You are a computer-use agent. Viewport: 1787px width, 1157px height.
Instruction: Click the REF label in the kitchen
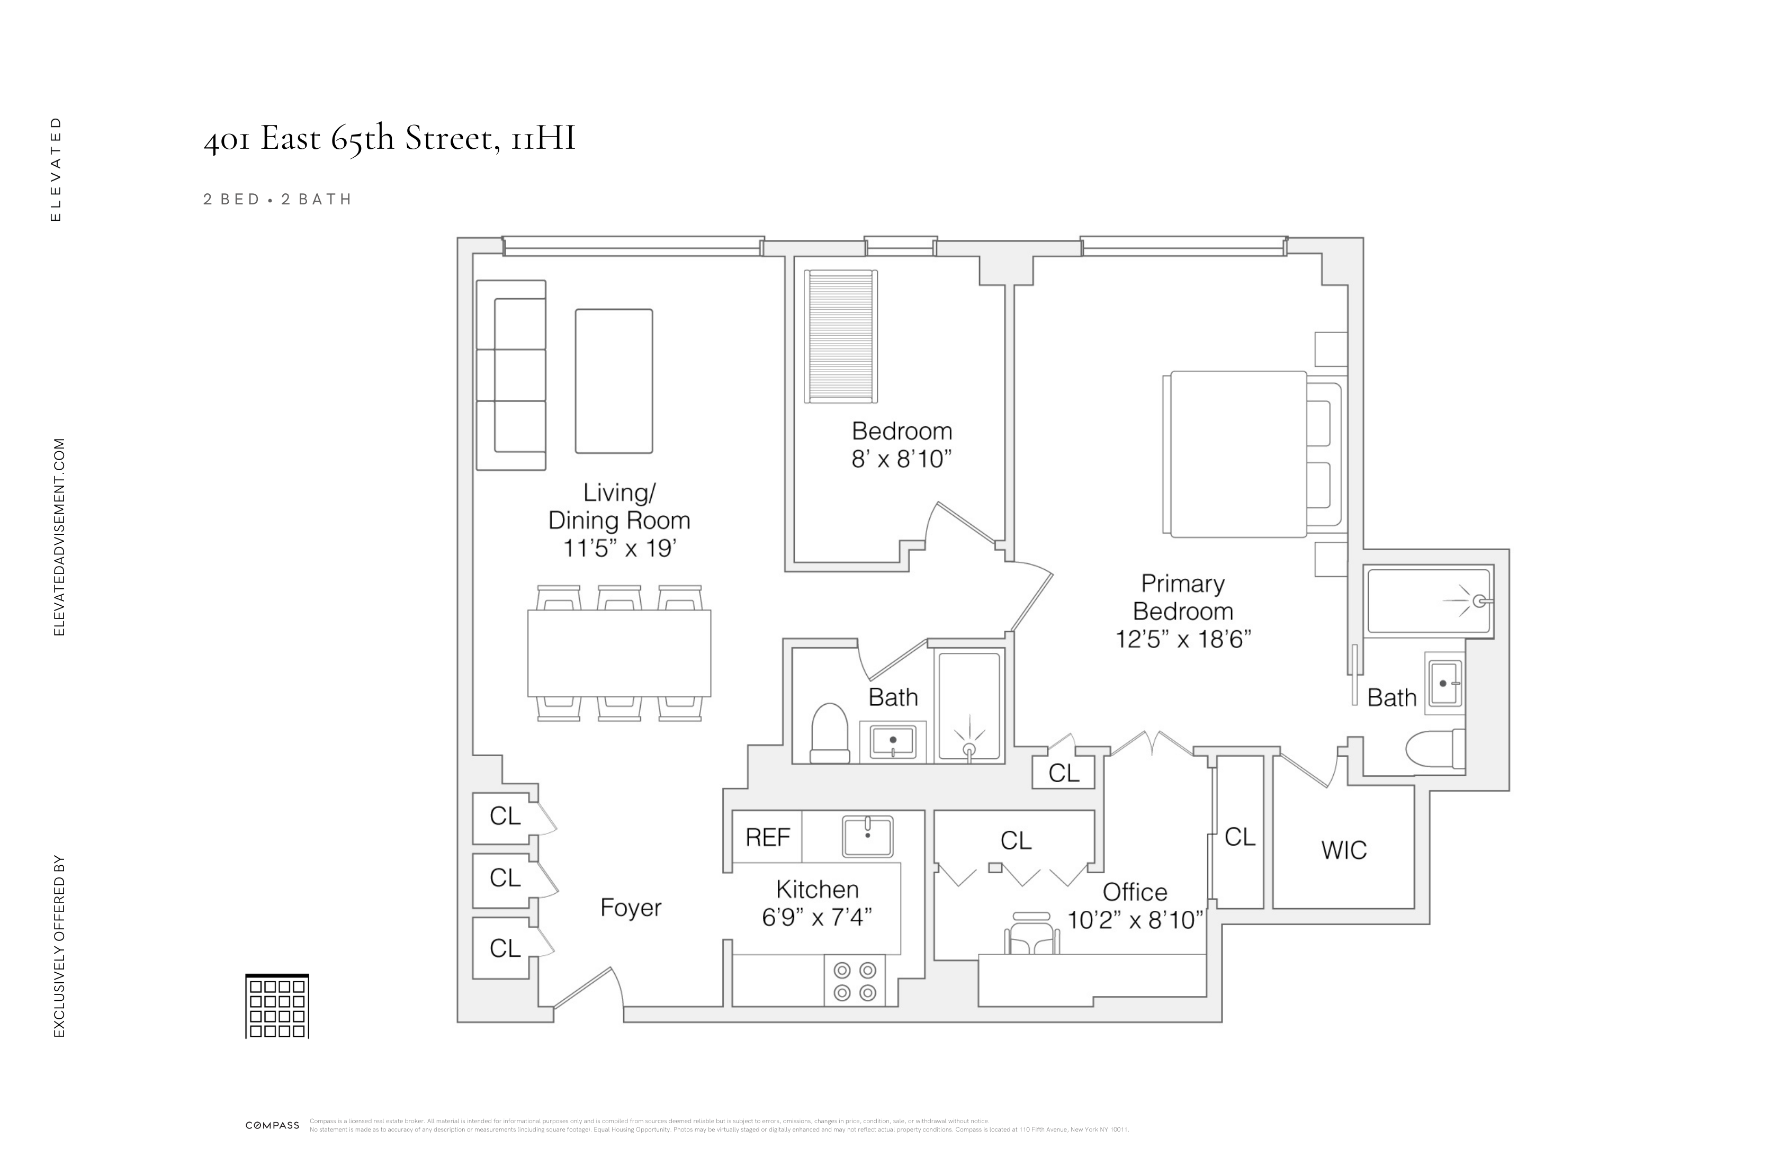(767, 837)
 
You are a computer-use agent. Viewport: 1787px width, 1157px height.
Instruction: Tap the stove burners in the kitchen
(855, 981)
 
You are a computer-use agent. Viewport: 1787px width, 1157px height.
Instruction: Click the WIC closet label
(1343, 850)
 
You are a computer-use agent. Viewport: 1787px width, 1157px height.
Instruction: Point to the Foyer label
(631, 908)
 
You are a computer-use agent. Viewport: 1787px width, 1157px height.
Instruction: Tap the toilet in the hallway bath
(830, 733)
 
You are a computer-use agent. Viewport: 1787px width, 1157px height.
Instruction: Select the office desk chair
(1031, 934)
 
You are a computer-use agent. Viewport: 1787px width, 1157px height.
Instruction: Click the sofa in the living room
(512, 375)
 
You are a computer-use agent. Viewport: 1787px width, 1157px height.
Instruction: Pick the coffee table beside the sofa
(614, 381)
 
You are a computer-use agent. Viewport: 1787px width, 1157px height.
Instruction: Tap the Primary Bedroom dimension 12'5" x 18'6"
(1182, 640)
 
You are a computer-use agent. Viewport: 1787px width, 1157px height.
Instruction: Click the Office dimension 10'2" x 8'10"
(1135, 920)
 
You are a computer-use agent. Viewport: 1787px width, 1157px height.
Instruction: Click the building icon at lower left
(277, 1006)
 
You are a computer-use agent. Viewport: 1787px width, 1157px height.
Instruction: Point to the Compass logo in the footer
(273, 1125)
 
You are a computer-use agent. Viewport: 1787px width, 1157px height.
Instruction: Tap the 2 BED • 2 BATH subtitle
(277, 199)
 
